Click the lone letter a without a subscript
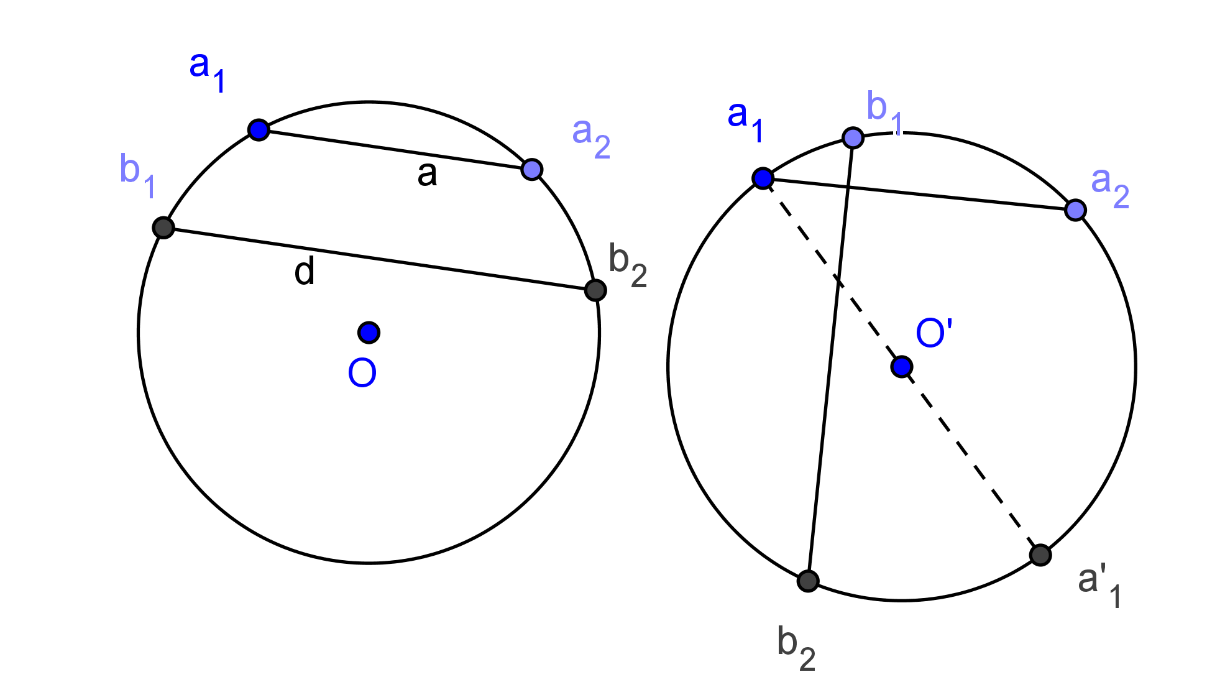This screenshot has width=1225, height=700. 427,174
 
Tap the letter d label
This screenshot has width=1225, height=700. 305,272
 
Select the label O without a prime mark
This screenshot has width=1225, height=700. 362,372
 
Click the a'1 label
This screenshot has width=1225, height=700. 1098,584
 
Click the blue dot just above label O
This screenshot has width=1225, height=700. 369,333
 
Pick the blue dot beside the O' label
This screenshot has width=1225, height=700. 901,367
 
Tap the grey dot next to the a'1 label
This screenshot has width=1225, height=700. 1040,555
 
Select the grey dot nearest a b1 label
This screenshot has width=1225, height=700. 163,228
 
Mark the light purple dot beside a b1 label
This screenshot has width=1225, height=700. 853,138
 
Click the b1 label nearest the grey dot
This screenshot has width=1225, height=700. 137,175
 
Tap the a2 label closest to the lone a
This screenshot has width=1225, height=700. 591,137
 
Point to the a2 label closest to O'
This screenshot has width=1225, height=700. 1110,187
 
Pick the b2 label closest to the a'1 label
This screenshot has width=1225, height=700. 796,648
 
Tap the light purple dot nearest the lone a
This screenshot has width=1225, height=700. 531,169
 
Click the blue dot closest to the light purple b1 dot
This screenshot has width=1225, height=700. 763,178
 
